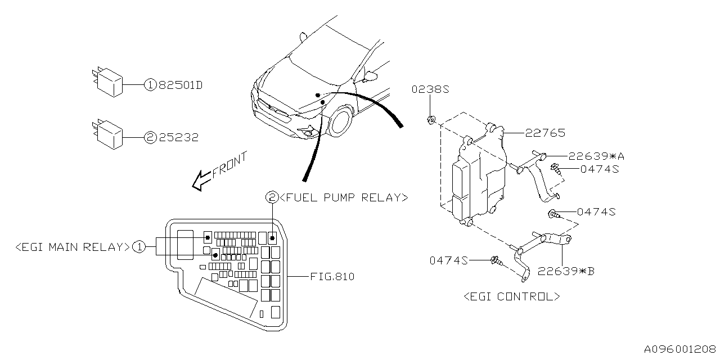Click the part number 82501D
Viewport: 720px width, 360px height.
(180, 85)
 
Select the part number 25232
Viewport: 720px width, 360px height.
(178, 137)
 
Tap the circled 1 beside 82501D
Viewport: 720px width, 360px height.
(150, 85)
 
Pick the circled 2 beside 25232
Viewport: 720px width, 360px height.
(150, 137)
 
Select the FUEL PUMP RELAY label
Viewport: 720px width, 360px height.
(343, 197)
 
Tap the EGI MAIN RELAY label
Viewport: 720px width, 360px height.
(73, 246)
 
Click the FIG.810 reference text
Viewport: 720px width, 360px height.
(332, 277)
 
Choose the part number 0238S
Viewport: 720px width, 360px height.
(430, 89)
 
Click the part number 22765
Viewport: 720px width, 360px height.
(545, 133)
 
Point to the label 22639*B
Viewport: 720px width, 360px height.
(566, 271)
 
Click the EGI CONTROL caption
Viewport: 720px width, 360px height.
(511, 296)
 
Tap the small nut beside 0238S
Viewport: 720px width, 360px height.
(430, 119)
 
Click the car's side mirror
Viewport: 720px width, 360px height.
(372, 74)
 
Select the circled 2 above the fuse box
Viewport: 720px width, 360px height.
(272, 197)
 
